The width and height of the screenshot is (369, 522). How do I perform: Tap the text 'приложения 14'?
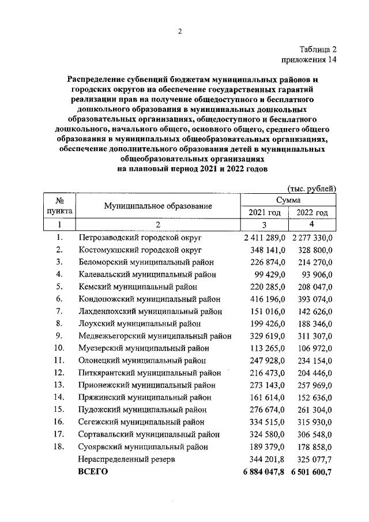(308, 59)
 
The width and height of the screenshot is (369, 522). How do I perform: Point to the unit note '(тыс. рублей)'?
(311, 189)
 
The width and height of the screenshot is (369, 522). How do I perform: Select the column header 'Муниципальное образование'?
(158, 206)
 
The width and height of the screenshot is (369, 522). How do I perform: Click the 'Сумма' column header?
(288, 200)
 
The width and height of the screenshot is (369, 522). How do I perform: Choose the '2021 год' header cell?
(264, 213)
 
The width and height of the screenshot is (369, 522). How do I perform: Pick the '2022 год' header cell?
(312, 213)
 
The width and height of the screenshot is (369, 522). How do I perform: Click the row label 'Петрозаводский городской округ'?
(137, 237)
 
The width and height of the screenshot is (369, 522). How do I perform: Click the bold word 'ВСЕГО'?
(93, 472)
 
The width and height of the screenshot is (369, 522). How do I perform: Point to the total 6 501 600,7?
(312, 472)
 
